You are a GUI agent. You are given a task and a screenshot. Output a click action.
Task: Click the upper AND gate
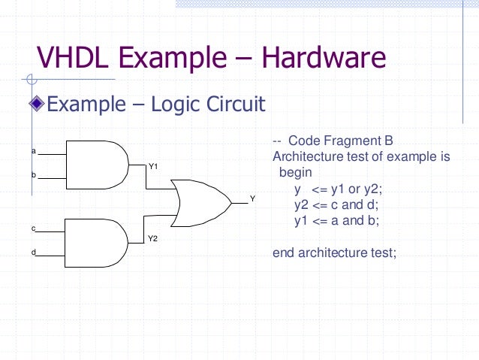(98, 163)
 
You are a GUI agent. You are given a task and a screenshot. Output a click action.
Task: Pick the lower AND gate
(98, 241)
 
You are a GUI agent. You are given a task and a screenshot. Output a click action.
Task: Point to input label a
(34, 151)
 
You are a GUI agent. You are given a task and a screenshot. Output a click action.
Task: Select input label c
(34, 228)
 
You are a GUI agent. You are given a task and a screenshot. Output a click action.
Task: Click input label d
(34, 252)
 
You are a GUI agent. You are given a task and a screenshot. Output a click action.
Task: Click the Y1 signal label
(152, 166)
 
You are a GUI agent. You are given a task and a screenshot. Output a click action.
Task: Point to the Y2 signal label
(152, 238)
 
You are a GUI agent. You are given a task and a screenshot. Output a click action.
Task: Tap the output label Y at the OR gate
(252, 198)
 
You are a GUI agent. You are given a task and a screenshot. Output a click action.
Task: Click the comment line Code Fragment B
(333, 141)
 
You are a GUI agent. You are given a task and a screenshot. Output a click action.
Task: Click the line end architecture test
(333, 253)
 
